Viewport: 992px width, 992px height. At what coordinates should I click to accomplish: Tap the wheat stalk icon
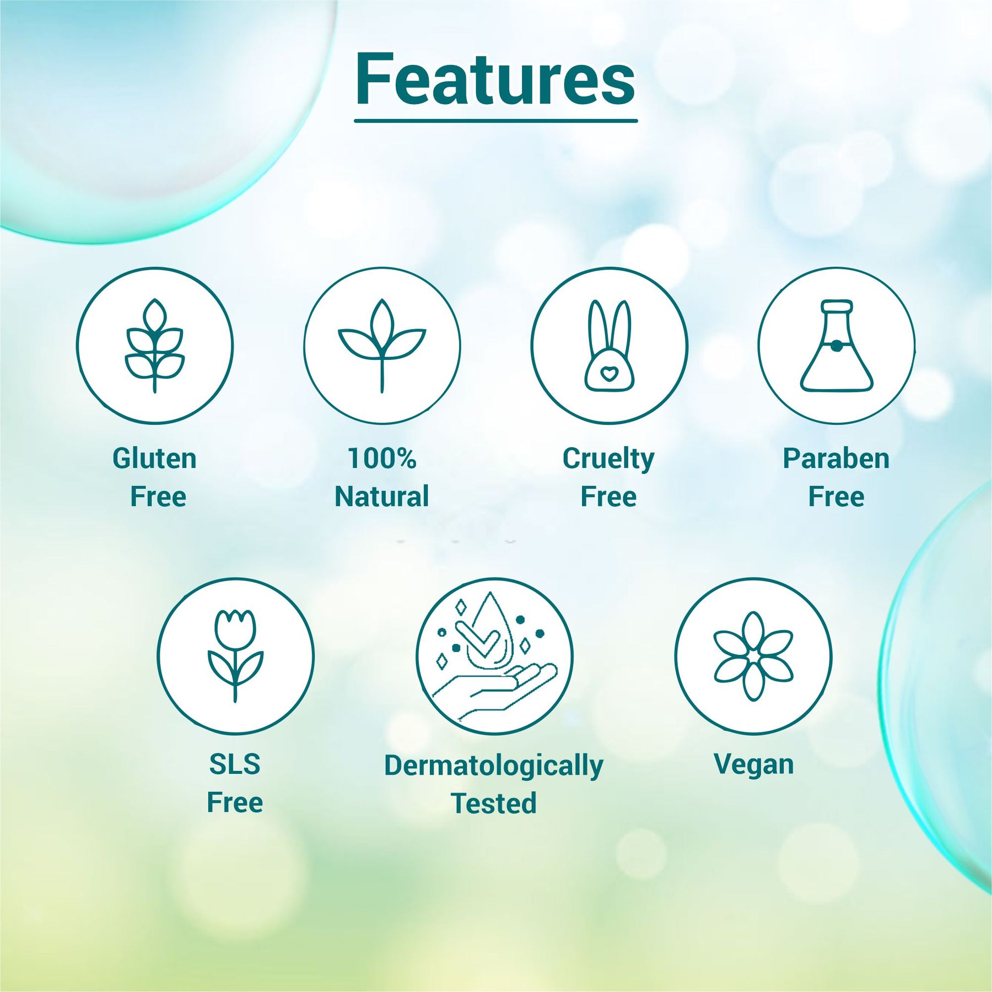tap(155, 346)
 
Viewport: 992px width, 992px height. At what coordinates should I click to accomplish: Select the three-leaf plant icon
tap(382, 346)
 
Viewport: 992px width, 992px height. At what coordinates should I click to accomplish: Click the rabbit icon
tap(609, 346)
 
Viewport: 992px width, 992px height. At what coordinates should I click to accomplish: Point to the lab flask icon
tap(836, 346)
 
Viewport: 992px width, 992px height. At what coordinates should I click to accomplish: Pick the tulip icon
tap(235, 656)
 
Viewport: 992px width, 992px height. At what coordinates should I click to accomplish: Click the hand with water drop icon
tap(494, 656)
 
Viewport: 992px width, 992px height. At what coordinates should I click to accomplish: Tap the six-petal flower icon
tap(753, 656)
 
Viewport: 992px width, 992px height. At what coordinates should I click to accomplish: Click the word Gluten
tap(154, 459)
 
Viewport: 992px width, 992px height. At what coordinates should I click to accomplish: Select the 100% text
tap(382, 459)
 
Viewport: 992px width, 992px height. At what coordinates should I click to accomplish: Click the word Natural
tap(382, 497)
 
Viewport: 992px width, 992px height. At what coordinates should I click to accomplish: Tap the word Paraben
tap(836, 459)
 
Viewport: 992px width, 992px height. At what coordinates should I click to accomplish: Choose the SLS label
tap(235, 764)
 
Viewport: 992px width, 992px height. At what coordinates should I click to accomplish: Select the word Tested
tap(494, 803)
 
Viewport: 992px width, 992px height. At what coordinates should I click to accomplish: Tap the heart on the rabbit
tap(609, 374)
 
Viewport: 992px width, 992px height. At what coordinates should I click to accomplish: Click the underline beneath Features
tap(495, 120)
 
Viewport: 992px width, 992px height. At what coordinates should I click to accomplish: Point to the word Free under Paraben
tap(836, 497)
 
